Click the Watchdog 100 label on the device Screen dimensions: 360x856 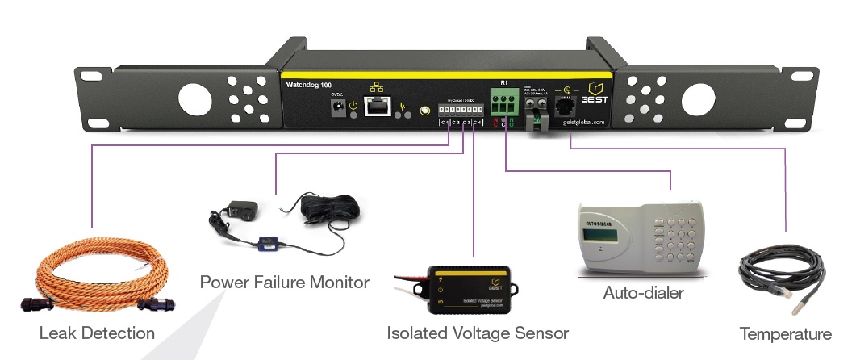coord(308,84)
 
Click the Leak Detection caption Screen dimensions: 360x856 coord(97,333)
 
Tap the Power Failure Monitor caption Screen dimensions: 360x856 coord(284,283)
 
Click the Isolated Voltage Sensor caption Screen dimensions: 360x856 coord(478,333)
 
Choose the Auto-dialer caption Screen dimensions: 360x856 coord(643,292)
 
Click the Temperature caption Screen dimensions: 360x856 coord(785,333)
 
